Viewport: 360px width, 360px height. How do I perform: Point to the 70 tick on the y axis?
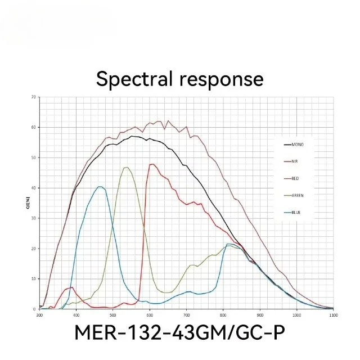pos(34,97)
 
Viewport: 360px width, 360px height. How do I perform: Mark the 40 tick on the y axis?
pos(34,188)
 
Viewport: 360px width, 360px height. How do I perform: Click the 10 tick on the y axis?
pos(34,278)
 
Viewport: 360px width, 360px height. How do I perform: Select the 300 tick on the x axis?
pos(39,316)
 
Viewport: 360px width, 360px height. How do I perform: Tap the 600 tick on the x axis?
pos(150,316)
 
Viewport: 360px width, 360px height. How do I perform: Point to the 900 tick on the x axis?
pos(260,316)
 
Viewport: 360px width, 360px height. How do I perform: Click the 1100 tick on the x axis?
pos(333,316)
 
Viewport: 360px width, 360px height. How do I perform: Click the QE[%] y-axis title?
pos(28,204)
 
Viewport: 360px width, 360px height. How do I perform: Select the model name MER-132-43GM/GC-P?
pos(180,333)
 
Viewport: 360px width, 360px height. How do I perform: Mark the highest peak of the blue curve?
pos(100,187)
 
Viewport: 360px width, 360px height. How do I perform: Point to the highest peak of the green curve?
pos(126,167)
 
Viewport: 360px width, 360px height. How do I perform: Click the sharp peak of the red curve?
pos(152,164)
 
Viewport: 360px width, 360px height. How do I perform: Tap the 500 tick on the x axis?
pos(113,316)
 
